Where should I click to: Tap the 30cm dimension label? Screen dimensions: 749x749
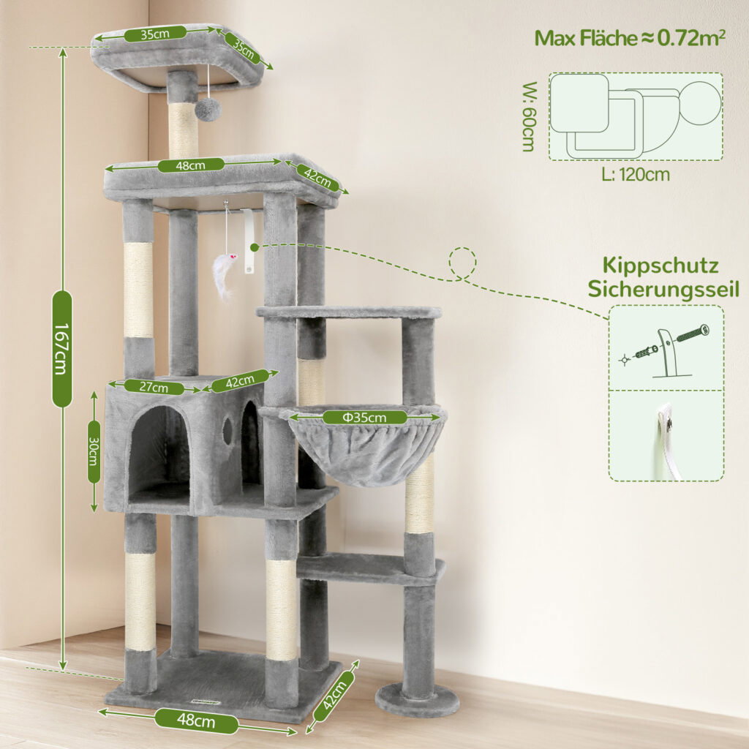94,451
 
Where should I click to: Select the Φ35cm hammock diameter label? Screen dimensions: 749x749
364,418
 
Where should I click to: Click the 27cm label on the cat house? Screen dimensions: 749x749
154,386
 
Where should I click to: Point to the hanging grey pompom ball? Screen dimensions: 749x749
208,110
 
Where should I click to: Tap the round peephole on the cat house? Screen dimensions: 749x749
228,429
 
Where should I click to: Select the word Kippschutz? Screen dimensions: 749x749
660,266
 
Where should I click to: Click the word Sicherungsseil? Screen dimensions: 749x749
663,290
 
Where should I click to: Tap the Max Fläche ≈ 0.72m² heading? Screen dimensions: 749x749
630,38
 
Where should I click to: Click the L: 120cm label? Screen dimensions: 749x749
636,175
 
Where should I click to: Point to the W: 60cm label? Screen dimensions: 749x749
529,116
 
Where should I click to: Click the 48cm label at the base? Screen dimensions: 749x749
196,720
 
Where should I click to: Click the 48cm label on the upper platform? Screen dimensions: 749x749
191,165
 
